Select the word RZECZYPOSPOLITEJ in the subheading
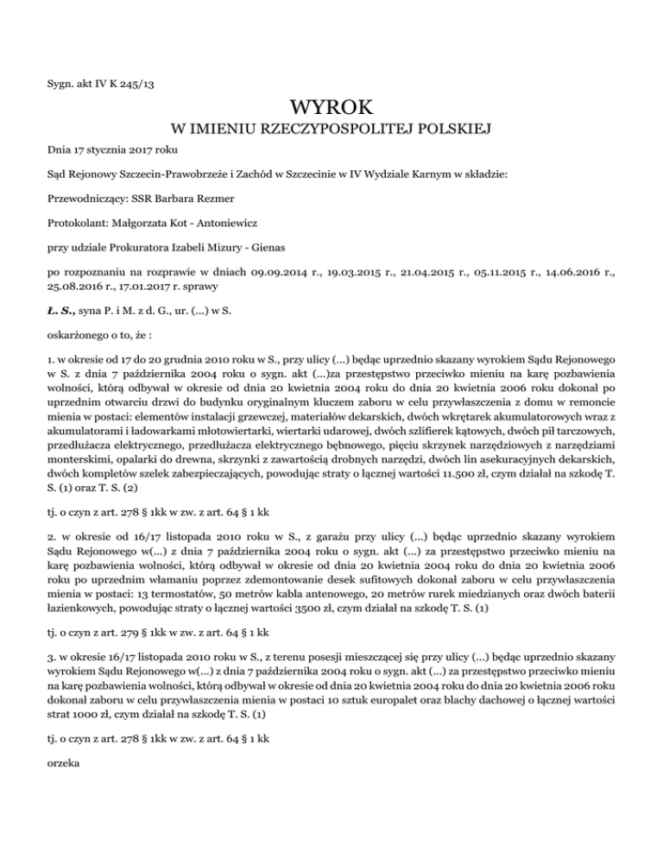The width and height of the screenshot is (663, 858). [x=336, y=130]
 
